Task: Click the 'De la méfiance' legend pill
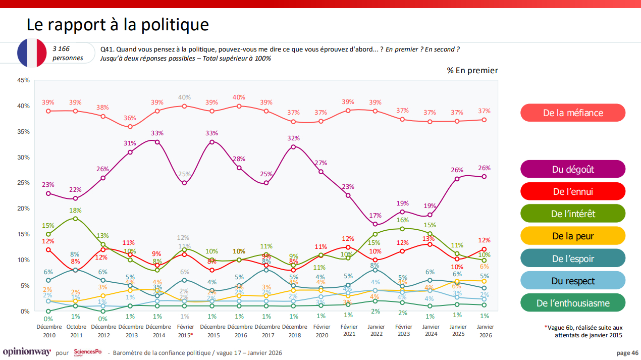coord(573,113)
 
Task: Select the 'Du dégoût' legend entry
coord(573,169)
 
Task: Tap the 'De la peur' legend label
coord(573,236)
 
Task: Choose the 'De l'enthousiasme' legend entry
coord(573,303)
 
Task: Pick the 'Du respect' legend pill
coord(573,281)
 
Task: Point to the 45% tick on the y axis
coord(23,80)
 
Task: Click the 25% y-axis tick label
coord(23,183)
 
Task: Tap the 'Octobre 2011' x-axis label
coord(75,331)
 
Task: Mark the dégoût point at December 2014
coord(157,142)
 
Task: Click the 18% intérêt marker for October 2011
coord(75,219)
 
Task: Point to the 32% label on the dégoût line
coord(294,138)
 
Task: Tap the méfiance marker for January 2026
coord(484,120)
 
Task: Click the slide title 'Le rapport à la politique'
coord(118,24)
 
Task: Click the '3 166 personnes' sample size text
coord(68,53)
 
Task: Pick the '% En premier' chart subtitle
coord(472,71)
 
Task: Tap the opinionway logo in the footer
coord(27,352)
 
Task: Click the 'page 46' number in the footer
coord(627,353)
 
